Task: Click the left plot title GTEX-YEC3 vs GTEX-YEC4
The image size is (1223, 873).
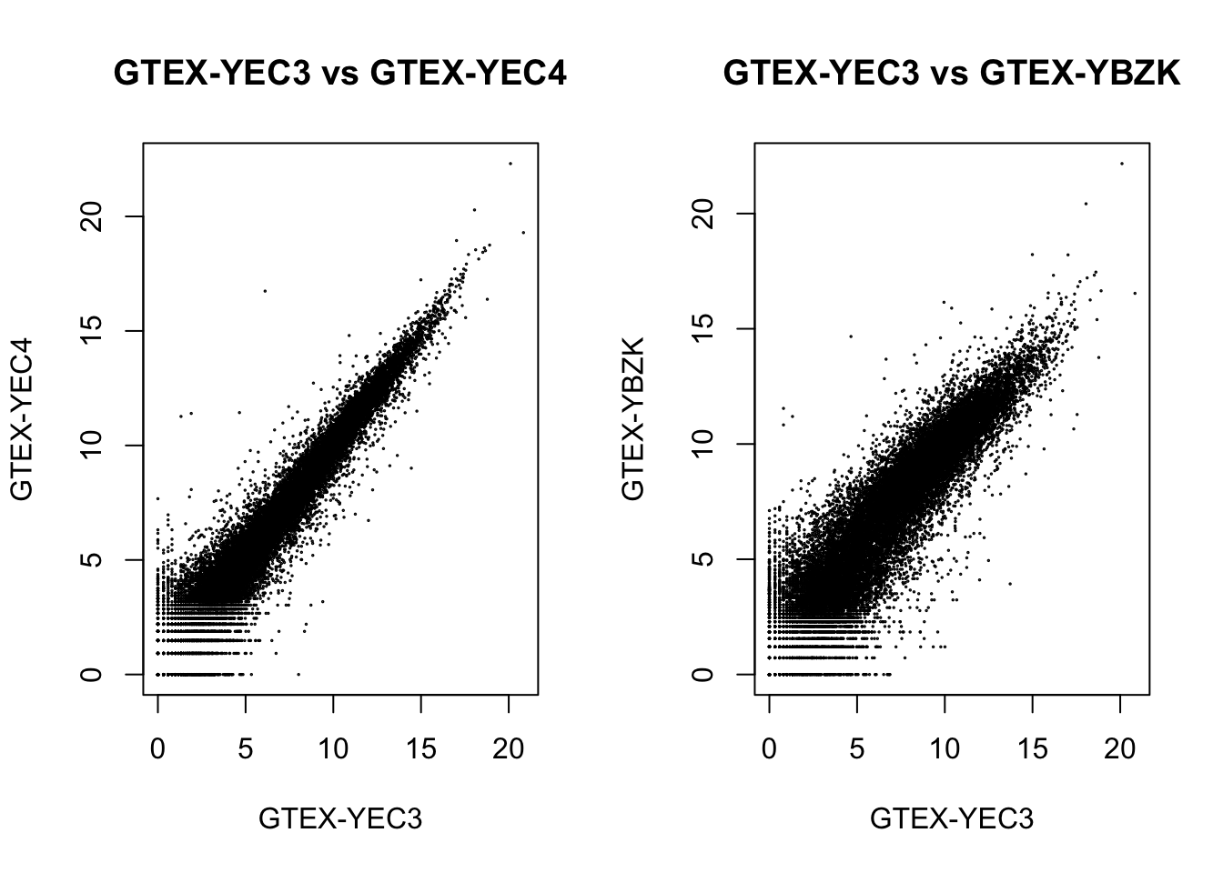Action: tap(339, 74)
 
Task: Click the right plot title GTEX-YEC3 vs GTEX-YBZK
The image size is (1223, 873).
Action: tap(951, 74)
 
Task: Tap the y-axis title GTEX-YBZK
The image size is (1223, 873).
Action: tap(633, 419)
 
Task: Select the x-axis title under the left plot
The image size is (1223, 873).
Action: tap(340, 819)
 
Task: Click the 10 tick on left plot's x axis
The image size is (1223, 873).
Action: tap(333, 748)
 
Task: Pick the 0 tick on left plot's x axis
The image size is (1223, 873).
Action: tap(158, 748)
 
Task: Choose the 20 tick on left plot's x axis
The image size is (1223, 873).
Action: tap(509, 748)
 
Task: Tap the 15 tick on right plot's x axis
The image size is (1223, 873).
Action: tap(1032, 748)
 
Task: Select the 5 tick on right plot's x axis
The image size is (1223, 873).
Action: tap(857, 748)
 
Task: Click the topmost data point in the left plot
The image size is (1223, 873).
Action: tap(510, 164)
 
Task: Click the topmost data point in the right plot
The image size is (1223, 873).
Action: tap(1122, 164)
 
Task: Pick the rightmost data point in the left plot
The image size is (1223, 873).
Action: tap(523, 232)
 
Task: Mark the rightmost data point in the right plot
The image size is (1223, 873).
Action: tap(1135, 293)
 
